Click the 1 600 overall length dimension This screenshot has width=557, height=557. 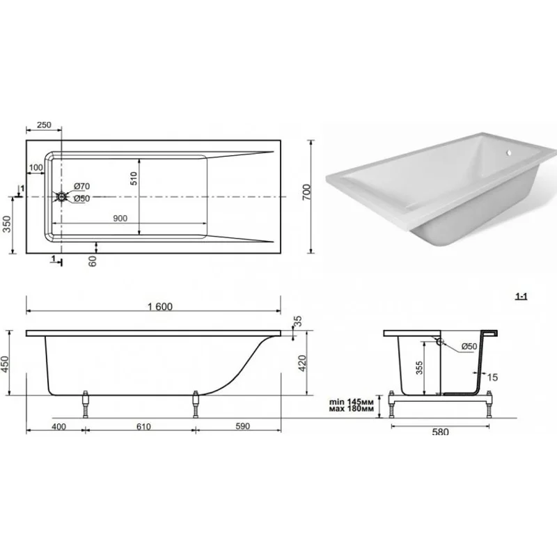pos(160,306)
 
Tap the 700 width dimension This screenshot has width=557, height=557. pos(306,192)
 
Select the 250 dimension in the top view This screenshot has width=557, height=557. pos(44,125)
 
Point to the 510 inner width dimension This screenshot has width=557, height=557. pos(134,178)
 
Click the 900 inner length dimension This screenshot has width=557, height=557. pos(120,218)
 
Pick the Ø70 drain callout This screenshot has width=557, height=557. pos(81,186)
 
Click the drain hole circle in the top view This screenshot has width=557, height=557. pos(62,196)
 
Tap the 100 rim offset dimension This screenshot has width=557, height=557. pos(36,167)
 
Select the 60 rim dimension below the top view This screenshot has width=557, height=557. pos(93,262)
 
